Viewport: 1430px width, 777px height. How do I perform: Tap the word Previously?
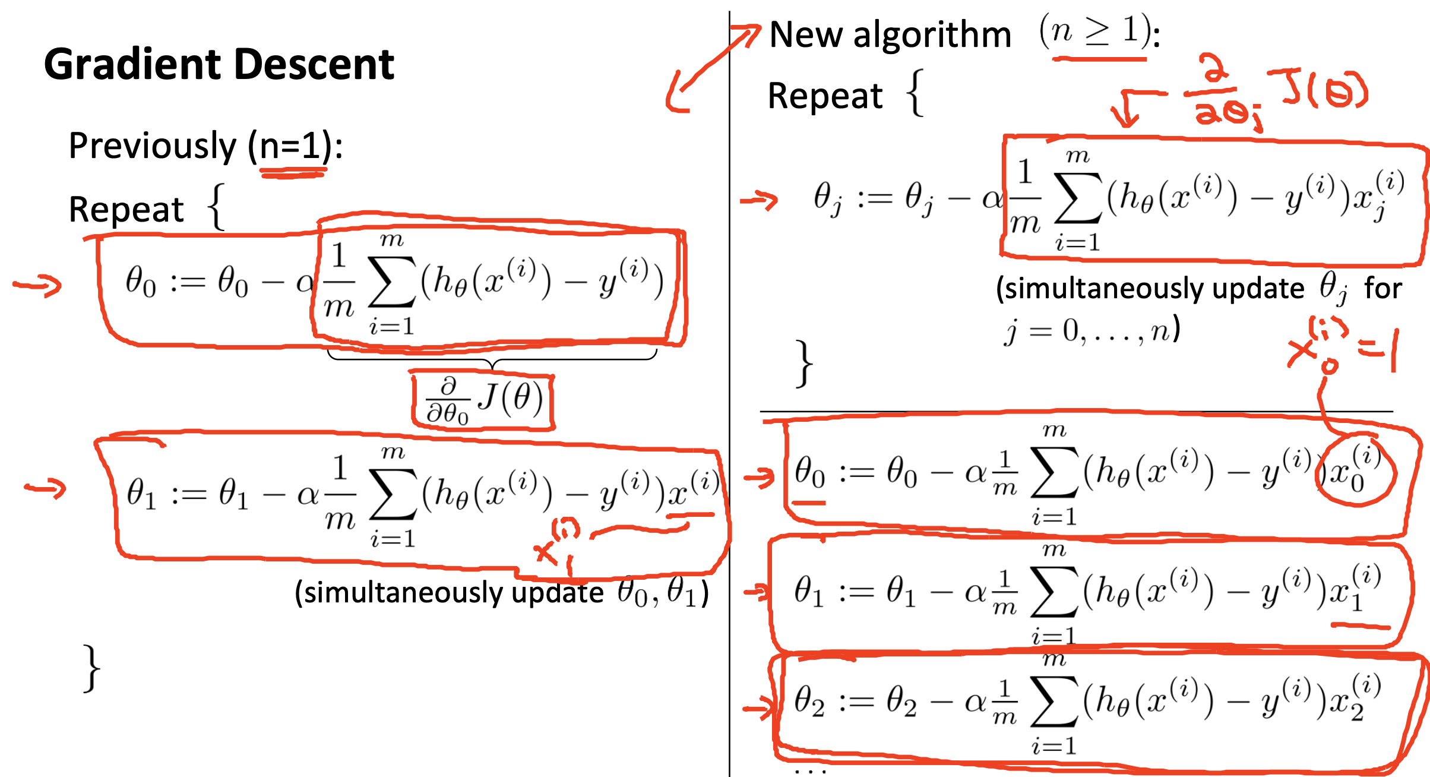coord(153,146)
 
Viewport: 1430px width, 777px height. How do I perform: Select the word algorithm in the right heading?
coord(932,34)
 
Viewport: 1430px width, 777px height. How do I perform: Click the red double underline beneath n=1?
coord(293,173)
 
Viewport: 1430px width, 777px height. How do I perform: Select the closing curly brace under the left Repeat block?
coord(91,668)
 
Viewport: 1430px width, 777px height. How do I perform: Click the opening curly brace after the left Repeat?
coord(217,207)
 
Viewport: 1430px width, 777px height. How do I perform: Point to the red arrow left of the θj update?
coord(759,200)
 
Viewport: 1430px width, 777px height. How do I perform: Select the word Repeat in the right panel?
coord(825,96)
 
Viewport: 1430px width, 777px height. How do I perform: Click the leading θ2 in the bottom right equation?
coord(809,702)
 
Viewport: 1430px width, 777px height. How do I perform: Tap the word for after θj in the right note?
coord(1382,289)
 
